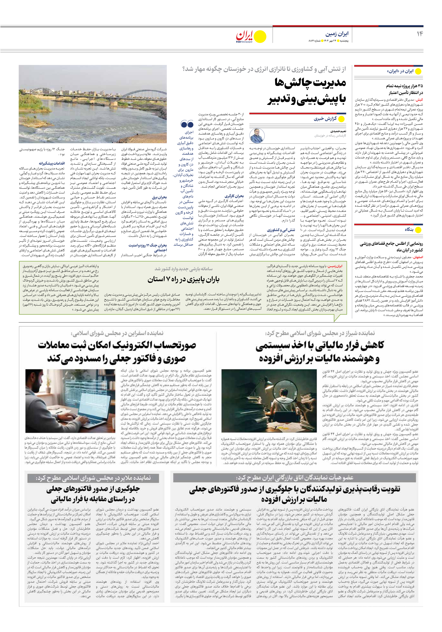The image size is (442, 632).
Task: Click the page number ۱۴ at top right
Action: pos(419,34)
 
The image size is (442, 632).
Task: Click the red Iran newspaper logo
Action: pos(244,36)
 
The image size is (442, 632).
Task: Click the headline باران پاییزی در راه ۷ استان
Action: pos(184,280)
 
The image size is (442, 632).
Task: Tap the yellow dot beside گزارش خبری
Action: pos(341,119)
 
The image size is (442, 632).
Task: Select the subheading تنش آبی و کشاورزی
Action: pos(281,230)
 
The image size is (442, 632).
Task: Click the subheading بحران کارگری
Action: pos(234,196)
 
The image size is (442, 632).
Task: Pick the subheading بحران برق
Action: pos(159,197)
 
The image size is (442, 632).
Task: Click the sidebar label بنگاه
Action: pos(409,230)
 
